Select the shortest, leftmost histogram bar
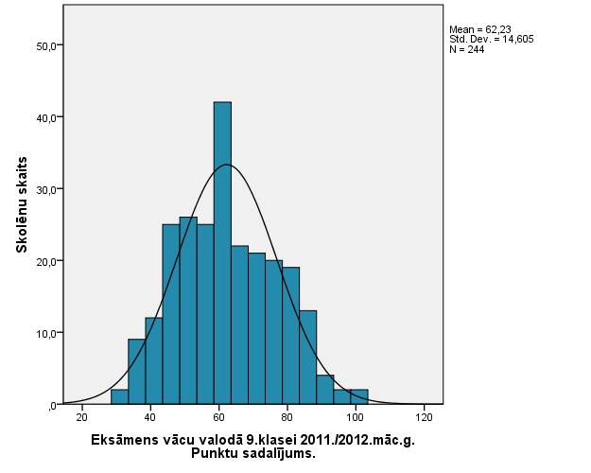click(119, 396)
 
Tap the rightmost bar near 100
click(359, 396)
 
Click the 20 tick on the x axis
click(82, 417)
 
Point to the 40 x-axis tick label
click(150, 417)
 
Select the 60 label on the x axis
click(218, 417)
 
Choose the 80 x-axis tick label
click(287, 417)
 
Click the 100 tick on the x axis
click(356, 417)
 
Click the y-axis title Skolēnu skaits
click(21, 204)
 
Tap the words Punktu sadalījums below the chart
click(252, 453)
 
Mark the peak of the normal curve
click(226, 165)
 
